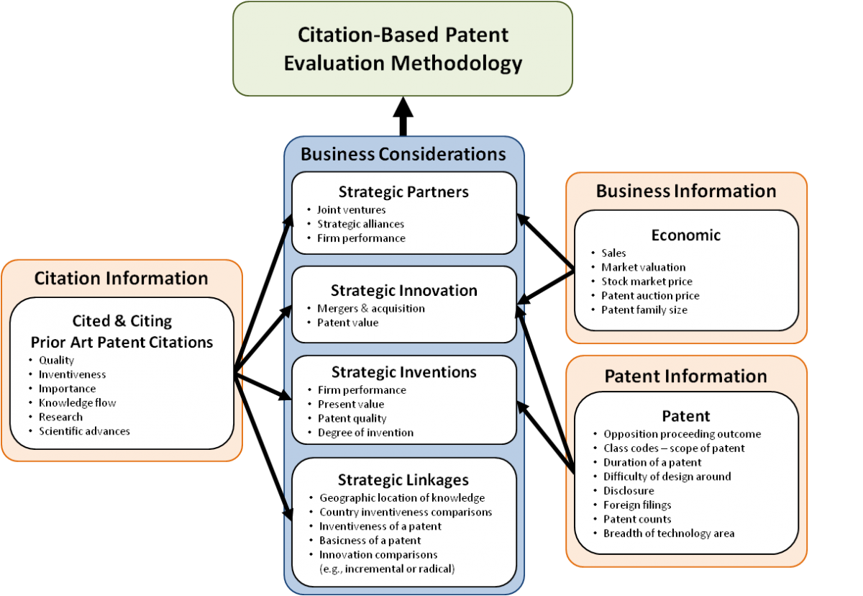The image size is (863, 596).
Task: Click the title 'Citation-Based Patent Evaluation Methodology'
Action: (403, 49)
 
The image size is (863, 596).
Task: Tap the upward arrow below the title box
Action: (403, 117)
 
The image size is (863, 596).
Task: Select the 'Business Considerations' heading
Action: (403, 154)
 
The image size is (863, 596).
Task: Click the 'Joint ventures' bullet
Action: (351, 210)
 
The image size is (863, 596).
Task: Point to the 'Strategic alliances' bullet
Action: (360, 224)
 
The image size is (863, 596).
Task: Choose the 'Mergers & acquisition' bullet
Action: (371, 308)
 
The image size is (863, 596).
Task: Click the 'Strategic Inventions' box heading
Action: (403, 372)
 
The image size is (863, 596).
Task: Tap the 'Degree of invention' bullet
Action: (365, 433)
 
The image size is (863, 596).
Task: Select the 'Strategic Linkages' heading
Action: (403, 480)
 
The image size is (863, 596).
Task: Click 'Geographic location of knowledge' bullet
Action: (402, 498)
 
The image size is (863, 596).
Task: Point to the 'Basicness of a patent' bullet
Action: (370, 541)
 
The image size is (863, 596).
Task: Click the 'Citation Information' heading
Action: (121, 279)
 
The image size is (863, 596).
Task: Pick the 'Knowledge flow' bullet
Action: (77, 403)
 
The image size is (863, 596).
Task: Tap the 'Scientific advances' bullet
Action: (84, 431)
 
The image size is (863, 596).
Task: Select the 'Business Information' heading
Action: (686, 191)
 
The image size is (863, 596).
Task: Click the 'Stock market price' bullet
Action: (647, 281)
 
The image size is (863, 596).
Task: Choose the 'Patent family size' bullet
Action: (644, 310)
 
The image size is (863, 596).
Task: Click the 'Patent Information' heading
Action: (686, 376)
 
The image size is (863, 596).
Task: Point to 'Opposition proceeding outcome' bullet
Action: (682, 434)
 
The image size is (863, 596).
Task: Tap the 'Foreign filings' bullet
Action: (637, 505)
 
